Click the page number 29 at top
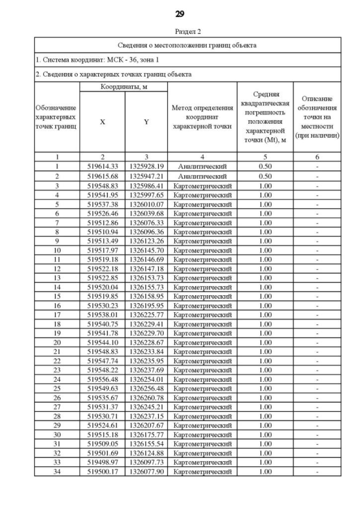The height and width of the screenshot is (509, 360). click(x=180, y=13)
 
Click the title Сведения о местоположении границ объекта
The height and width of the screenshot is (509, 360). click(x=187, y=45)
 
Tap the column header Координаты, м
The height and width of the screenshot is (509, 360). click(x=124, y=87)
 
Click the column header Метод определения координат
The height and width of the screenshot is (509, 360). click(x=202, y=117)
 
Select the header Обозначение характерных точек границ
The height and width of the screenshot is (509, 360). click(x=57, y=117)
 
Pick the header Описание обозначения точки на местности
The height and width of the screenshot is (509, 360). click(x=318, y=117)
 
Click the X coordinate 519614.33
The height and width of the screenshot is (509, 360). click(x=102, y=167)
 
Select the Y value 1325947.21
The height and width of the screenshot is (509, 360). click(x=146, y=176)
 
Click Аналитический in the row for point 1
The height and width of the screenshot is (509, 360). click(x=202, y=167)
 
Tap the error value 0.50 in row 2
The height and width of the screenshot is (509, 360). click(x=265, y=176)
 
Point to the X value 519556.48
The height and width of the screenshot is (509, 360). click(x=102, y=380)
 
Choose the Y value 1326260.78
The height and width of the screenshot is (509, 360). click(x=146, y=398)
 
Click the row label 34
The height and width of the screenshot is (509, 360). click(x=57, y=471)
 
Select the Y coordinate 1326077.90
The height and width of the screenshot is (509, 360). click(x=146, y=471)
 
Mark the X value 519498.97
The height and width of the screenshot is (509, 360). click(x=102, y=462)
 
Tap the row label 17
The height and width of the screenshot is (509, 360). click(x=57, y=315)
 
